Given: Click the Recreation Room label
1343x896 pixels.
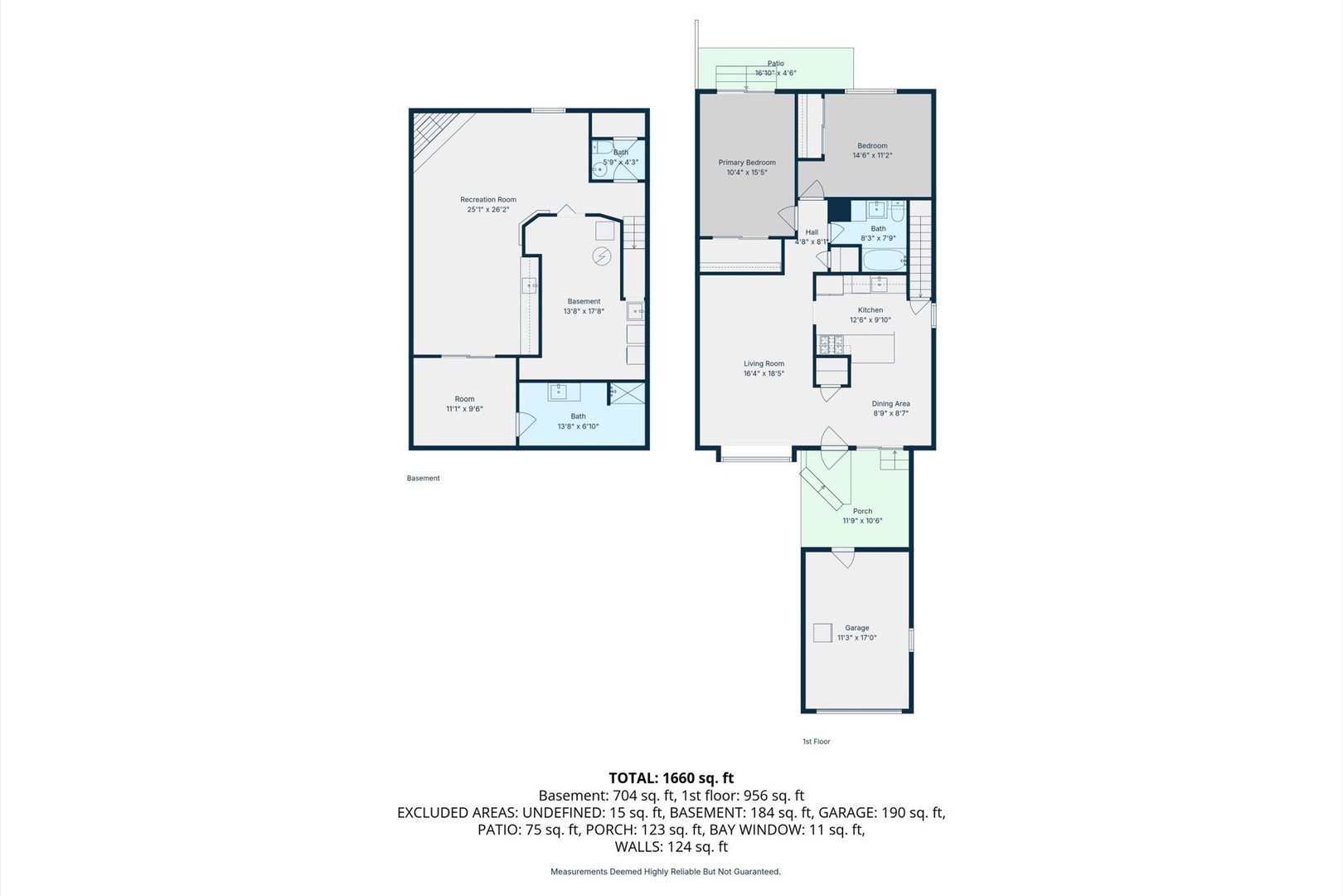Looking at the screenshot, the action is pyautogui.click(x=488, y=200).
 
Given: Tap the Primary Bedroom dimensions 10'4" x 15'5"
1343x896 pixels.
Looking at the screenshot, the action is pyautogui.click(x=747, y=173).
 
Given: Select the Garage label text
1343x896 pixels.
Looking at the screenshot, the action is pyautogui.click(x=856, y=628).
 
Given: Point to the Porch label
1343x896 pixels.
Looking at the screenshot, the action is pyautogui.click(x=862, y=511).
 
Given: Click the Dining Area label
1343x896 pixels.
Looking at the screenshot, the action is pyautogui.click(x=891, y=404).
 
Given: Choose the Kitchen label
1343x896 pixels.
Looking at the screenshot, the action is pyautogui.click(x=870, y=310).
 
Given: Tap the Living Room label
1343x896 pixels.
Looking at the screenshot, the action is pyautogui.click(x=764, y=363).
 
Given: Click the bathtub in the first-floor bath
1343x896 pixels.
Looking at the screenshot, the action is pyautogui.click(x=885, y=261).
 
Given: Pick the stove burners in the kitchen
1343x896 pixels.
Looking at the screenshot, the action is pyautogui.click(x=831, y=344).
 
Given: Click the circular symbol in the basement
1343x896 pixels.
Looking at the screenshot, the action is pyautogui.click(x=601, y=256).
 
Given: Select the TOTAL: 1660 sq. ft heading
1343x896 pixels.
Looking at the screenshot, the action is pyautogui.click(x=671, y=777).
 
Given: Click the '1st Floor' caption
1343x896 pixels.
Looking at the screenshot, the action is pyautogui.click(x=817, y=742).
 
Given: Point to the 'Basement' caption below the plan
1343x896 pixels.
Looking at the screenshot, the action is pyautogui.click(x=424, y=479).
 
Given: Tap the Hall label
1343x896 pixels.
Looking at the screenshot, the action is pyautogui.click(x=812, y=232).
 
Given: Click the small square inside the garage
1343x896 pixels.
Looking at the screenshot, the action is pyautogui.click(x=822, y=632).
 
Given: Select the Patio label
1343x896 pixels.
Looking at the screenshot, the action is pyautogui.click(x=776, y=64).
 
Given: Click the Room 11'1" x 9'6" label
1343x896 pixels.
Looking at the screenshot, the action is pyautogui.click(x=464, y=404).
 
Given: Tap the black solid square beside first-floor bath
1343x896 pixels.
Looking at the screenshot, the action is pyautogui.click(x=839, y=210).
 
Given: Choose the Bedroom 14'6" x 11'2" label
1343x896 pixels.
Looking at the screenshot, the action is pyautogui.click(x=872, y=151).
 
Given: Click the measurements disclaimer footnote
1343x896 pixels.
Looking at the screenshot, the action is pyautogui.click(x=666, y=871).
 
